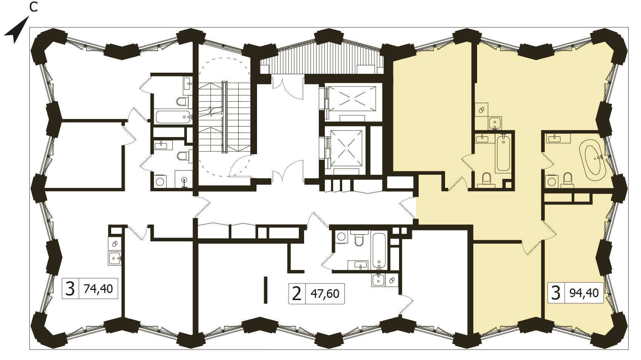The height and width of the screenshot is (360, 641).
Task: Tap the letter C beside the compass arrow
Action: [34, 8]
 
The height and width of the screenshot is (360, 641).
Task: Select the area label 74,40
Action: [98, 288]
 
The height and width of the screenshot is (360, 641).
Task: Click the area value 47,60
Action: [325, 294]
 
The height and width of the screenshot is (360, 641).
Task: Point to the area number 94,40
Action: [584, 293]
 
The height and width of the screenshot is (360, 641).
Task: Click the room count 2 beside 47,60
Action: [297, 294]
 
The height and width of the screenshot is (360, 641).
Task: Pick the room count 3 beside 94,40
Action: [556, 293]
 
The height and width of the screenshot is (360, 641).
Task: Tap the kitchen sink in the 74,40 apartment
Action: [115, 258]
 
